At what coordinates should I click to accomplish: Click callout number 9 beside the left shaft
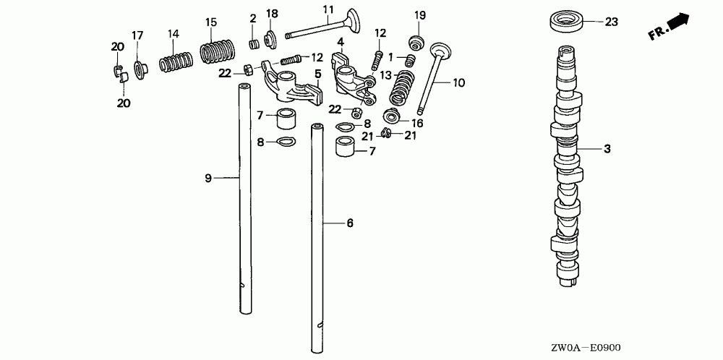208,178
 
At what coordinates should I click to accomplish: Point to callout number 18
273,14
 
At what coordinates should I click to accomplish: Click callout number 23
612,22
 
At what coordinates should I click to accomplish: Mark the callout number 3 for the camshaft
607,150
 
